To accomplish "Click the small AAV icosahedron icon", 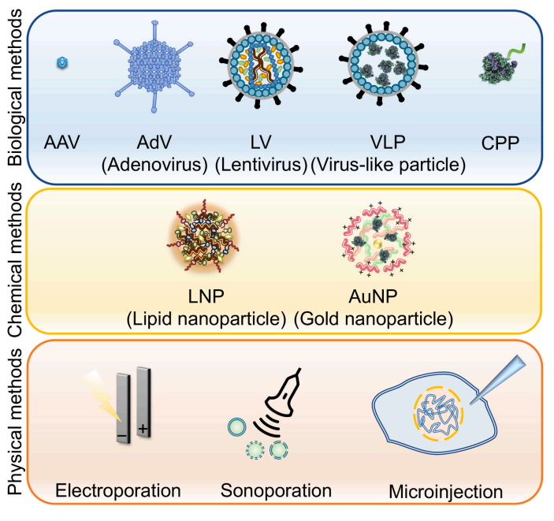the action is [62, 63].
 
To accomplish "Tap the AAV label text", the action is [61, 142].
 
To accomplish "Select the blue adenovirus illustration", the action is [154, 67].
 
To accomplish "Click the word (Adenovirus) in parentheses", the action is [154, 165].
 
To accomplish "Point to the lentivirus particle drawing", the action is [261, 65].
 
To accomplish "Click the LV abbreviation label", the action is [261, 142].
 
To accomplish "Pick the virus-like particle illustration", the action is [383, 64].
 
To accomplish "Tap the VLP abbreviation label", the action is [388, 142].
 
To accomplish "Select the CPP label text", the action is [500, 143].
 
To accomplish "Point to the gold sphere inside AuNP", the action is [377, 244].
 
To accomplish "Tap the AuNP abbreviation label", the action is [373, 296].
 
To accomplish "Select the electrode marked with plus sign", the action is [143, 402].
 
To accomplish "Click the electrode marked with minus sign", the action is [123, 407].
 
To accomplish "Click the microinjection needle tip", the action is [470, 404].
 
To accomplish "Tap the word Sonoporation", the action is [276, 490].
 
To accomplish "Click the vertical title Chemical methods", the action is [15, 260].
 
